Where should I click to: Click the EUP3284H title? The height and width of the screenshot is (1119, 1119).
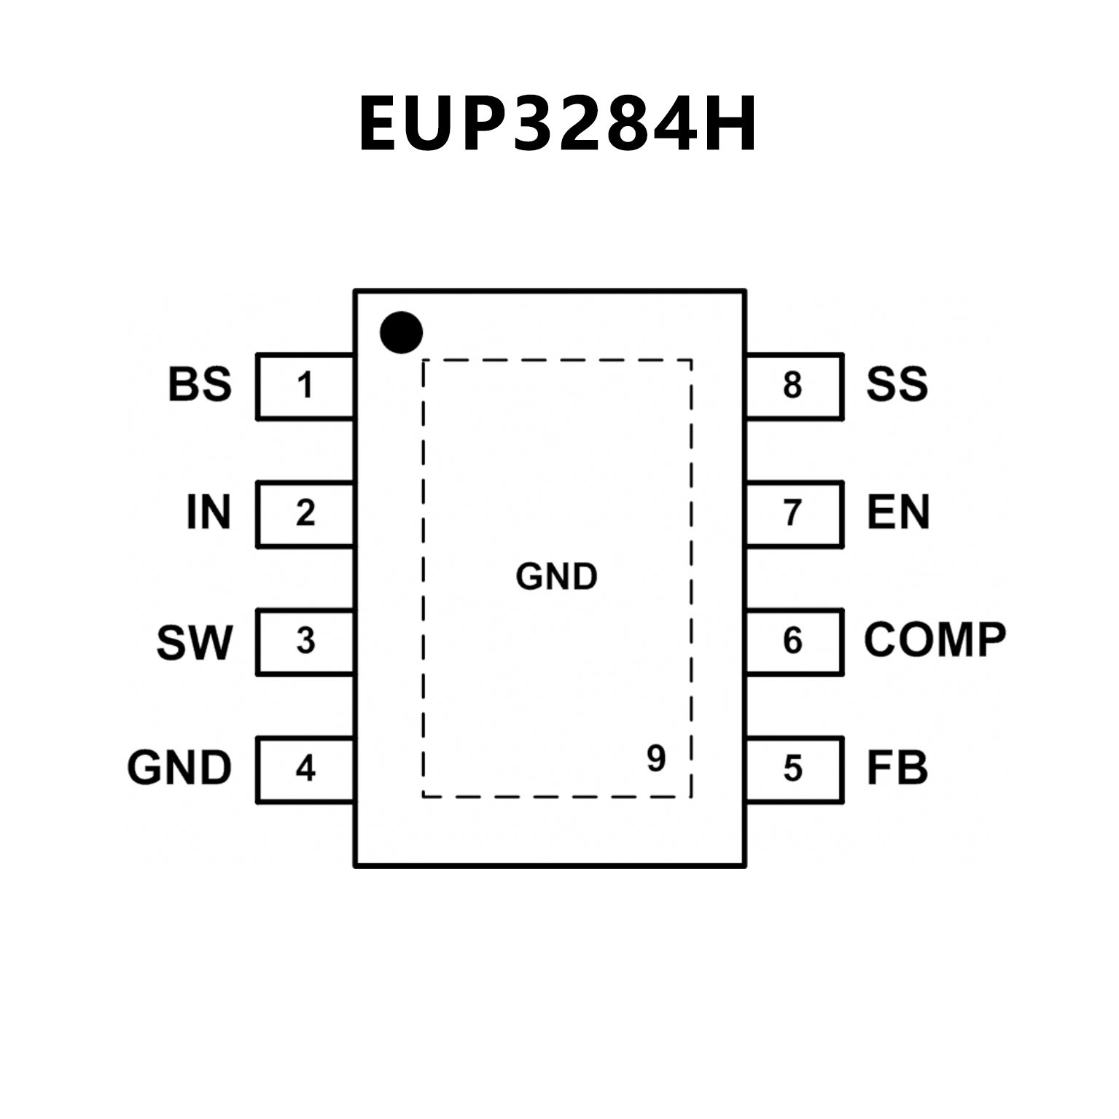pyautogui.click(x=558, y=123)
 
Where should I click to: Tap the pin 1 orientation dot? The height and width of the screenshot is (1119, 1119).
pyautogui.click(x=401, y=332)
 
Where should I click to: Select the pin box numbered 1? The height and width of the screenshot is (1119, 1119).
pyautogui.click(x=305, y=386)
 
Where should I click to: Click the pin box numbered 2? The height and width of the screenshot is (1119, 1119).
pyautogui.click(x=305, y=513)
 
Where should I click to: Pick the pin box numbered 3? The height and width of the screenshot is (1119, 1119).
pyautogui.click(x=305, y=642)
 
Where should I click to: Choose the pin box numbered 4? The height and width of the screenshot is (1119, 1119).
pyautogui.click(x=305, y=769)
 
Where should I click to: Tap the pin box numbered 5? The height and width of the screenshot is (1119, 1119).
pyautogui.click(x=794, y=769)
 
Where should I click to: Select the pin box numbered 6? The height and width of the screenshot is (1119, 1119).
pyautogui.click(x=794, y=642)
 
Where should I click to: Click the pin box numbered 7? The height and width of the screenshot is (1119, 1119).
pyautogui.click(x=794, y=513)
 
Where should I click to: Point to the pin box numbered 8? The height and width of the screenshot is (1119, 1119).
pyautogui.click(x=794, y=386)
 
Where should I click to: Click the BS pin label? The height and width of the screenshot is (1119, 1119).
pyautogui.click(x=200, y=385)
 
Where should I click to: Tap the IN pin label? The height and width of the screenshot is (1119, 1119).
pyautogui.click(x=208, y=512)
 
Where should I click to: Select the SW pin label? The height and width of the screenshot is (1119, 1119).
pyautogui.click(x=194, y=642)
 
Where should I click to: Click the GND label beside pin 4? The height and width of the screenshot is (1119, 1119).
pyautogui.click(x=179, y=768)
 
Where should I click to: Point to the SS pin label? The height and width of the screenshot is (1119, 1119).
pyautogui.click(x=897, y=385)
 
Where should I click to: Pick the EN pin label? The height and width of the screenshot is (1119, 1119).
pyautogui.click(x=898, y=512)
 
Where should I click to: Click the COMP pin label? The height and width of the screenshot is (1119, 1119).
pyautogui.click(x=935, y=641)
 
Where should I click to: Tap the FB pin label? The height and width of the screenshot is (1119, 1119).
pyautogui.click(x=897, y=768)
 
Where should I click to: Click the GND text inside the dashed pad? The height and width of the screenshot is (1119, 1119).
pyautogui.click(x=556, y=577)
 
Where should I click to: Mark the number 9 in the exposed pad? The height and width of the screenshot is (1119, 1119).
pyautogui.click(x=656, y=759)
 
